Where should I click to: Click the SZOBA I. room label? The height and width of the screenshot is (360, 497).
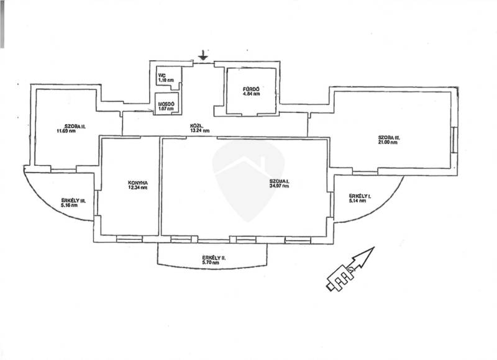[280, 181]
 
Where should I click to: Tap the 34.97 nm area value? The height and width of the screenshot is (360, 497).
[280, 186]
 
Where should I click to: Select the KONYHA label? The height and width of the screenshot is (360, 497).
[137, 182]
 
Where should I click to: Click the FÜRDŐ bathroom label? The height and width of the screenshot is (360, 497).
[250, 90]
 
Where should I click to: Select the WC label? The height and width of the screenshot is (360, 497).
[162, 75]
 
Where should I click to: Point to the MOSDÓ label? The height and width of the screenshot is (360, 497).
[166, 104]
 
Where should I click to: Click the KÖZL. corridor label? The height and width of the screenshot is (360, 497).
[199, 126]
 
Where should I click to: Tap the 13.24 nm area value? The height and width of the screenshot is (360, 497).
[199, 131]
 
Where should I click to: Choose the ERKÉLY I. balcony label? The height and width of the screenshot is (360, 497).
[360, 196]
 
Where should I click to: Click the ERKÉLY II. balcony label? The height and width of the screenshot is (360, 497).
[213, 258]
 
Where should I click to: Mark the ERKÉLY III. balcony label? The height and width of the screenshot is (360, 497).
[73, 199]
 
